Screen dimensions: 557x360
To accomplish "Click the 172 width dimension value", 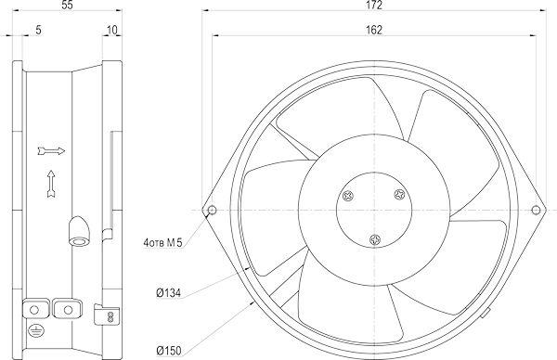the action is tap(374, 5).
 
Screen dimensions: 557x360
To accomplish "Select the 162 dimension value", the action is tap(374, 31).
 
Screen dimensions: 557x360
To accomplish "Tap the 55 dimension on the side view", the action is tap(67, 5).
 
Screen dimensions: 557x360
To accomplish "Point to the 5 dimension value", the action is tap(38, 31).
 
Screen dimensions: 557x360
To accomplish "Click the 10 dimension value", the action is tap(112, 31).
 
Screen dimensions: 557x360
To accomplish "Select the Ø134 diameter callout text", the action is tap(168, 293).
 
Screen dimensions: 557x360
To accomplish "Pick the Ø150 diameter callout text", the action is tap(168, 351).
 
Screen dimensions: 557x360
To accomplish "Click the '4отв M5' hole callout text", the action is tap(162, 243).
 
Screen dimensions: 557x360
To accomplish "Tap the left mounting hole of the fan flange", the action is tap(212, 210).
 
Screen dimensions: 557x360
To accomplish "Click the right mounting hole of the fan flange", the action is tap(536, 210).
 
